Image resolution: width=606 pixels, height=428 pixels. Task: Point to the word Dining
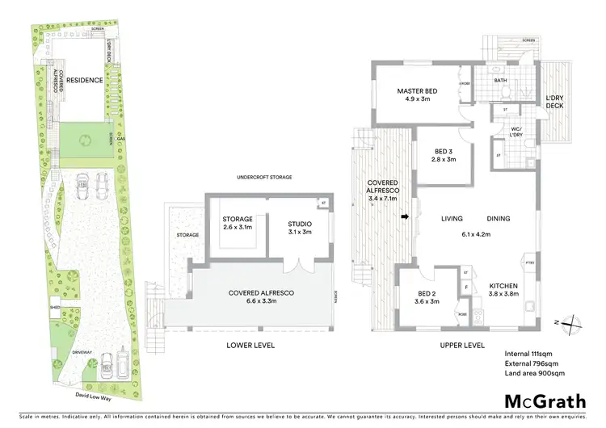pyautogui.click(x=498, y=218)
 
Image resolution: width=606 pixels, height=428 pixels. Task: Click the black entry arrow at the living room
pyautogui.click(x=405, y=216)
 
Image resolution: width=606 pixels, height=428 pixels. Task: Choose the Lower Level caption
pyautogui.click(x=250, y=345)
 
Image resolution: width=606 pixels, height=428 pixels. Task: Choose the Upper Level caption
pyautogui.click(x=461, y=345)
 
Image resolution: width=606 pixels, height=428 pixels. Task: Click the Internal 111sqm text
pyautogui.click(x=529, y=353)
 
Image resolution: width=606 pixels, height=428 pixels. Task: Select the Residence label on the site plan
pyautogui.click(x=84, y=81)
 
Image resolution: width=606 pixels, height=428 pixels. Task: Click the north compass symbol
pyautogui.click(x=570, y=323)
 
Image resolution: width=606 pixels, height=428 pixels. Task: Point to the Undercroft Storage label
pyautogui.click(x=264, y=177)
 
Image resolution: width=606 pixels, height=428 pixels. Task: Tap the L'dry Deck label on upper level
pyautogui.click(x=554, y=101)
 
